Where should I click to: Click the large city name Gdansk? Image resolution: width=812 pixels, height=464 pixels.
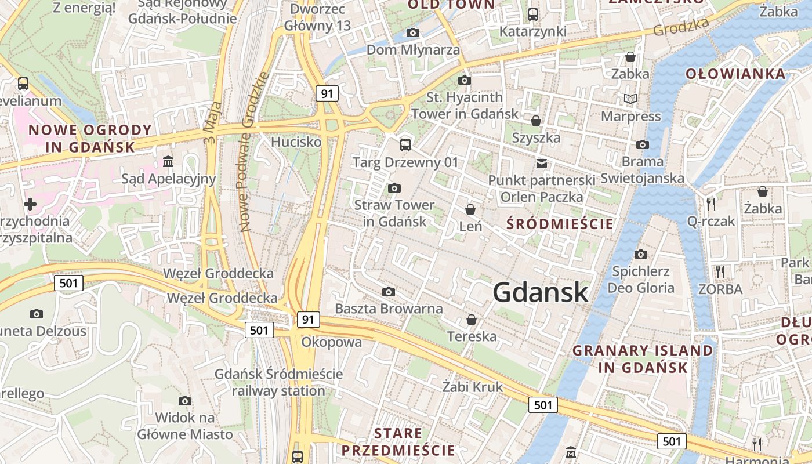[x=541, y=292]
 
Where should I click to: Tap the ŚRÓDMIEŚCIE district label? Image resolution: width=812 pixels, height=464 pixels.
[x=560, y=223]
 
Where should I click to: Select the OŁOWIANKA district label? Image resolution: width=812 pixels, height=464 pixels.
[x=735, y=74]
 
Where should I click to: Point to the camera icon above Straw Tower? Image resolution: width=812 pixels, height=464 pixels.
[x=394, y=188]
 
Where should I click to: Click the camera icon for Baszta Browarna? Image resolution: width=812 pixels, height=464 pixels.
[x=389, y=292]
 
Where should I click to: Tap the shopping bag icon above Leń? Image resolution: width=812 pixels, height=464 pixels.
[x=470, y=209]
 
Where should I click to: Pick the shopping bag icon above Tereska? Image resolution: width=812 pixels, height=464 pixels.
[x=472, y=320]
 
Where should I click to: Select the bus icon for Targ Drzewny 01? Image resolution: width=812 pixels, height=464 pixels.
[x=405, y=145]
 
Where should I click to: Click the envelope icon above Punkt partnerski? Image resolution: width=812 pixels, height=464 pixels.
[x=542, y=164]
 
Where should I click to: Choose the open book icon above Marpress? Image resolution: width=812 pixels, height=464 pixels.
[x=630, y=99]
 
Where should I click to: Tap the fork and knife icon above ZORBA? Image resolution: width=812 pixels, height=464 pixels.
[x=720, y=271]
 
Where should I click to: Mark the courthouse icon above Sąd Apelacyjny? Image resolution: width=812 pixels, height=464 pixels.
[x=168, y=161]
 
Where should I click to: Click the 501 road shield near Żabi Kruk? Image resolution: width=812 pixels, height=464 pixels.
[x=543, y=405]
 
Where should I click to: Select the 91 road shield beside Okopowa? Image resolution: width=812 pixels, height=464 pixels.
[x=308, y=319]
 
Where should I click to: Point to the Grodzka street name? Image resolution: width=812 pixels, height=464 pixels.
[x=681, y=27]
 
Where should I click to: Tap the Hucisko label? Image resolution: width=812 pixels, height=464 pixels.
[x=296, y=142]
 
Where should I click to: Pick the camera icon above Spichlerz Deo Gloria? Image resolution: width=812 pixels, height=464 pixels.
[x=641, y=254]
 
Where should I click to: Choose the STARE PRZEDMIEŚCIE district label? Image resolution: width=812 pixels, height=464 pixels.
[x=398, y=442]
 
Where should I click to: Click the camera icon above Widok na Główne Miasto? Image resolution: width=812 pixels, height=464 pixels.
[x=185, y=401]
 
